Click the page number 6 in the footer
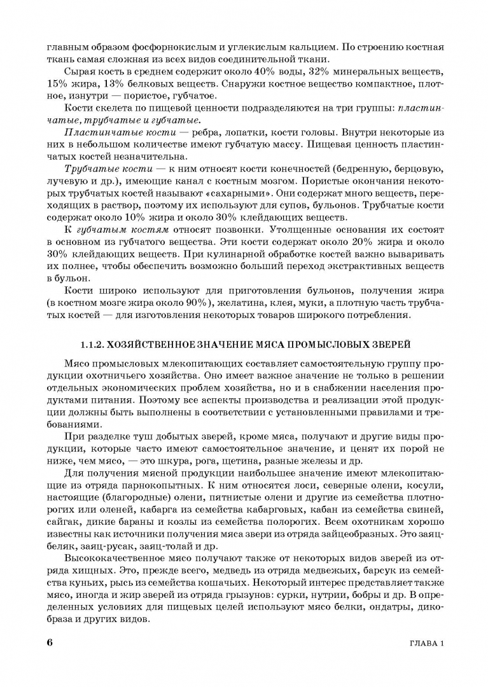coord(50,642)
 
